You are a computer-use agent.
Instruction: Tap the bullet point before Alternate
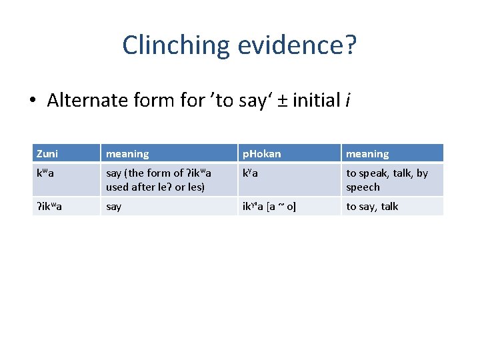point(33,101)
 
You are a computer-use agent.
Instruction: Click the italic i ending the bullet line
point(348,101)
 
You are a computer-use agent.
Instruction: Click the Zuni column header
point(47,154)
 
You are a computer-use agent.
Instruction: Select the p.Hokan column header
point(261,154)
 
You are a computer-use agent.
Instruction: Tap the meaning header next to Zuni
point(127,154)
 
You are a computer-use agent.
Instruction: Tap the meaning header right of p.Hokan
point(367,154)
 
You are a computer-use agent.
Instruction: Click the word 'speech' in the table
point(363,187)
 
